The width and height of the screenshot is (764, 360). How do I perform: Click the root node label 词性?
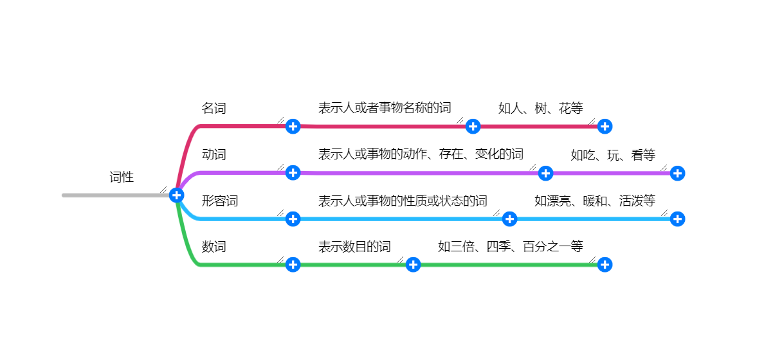click(x=122, y=177)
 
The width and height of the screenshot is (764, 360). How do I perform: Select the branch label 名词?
click(x=214, y=108)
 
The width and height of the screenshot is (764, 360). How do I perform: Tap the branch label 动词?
click(x=214, y=154)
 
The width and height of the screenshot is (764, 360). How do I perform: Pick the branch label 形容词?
click(x=220, y=201)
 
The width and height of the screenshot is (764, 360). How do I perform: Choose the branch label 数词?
click(x=214, y=246)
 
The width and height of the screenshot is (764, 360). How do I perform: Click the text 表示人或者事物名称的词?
click(x=385, y=108)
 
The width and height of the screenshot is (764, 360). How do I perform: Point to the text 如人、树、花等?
click(x=540, y=108)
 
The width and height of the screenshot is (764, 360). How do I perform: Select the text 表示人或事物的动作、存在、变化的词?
click(x=421, y=154)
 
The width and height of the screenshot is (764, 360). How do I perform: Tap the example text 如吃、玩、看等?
click(x=613, y=155)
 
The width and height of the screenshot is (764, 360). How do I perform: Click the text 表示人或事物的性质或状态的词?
click(x=403, y=201)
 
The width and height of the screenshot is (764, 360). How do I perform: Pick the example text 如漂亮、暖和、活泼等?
click(x=595, y=201)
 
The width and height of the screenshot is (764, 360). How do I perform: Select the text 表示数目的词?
click(x=354, y=246)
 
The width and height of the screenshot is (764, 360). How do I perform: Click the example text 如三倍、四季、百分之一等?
click(x=511, y=246)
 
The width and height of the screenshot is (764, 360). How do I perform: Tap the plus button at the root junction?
click(x=177, y=195)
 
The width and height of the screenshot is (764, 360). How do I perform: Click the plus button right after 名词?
click(x=293, y=126)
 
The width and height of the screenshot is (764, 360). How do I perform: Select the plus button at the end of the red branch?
click(x=605, y=126)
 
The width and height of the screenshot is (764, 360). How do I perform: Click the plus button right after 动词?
click(x=293, y=172)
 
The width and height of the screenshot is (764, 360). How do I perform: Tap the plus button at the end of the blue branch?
click(x=677, y=219)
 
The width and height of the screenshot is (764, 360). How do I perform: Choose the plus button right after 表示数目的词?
click(x=413, y=264)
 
